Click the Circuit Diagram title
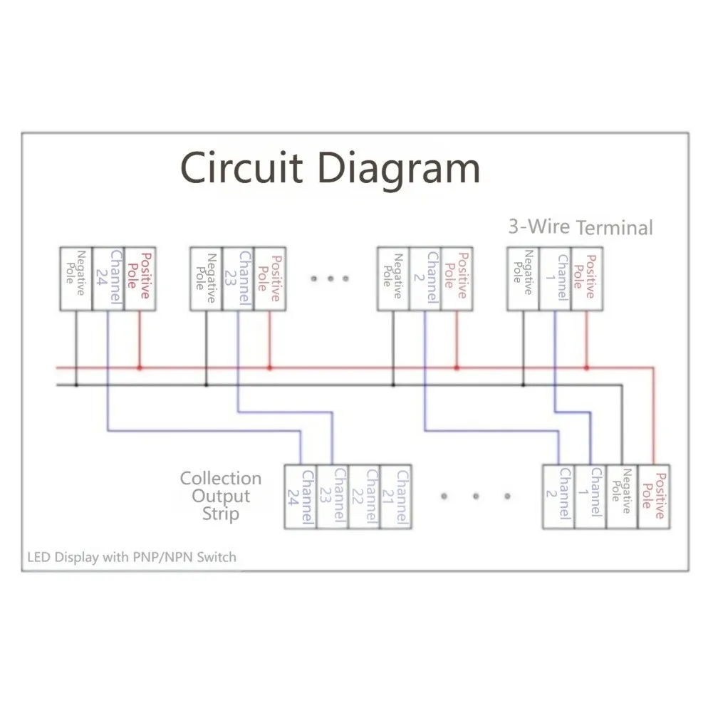330,168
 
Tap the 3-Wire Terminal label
581,227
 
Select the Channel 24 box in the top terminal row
108,279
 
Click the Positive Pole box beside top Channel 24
140,279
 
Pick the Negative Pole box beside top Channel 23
206,279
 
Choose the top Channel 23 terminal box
238,279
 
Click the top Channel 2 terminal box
425,279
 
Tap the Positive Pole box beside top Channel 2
457,279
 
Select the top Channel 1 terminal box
555,279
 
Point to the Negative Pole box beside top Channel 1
523,279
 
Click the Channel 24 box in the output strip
301,496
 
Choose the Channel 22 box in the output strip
364,496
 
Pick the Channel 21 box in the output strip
396,496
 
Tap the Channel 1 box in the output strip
590,496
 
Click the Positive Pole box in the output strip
654,496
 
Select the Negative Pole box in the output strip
622,496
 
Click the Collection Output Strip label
221,496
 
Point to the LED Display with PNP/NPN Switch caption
132,558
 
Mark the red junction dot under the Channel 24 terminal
140,368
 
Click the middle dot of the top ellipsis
331,279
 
